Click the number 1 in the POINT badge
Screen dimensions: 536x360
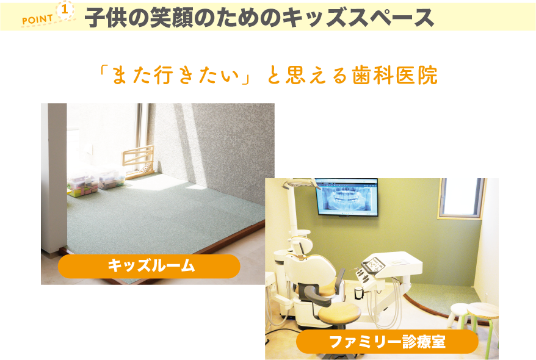pos(64,10)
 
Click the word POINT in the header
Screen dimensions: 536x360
pos(38,20)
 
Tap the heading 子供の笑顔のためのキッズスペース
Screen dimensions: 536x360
pos(259,18)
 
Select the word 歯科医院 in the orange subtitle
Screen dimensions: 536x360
pos(395,76)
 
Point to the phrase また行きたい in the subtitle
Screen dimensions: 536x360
pos(175,76)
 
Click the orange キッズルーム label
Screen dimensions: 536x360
pos(149,266)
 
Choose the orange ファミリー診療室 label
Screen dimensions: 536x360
pos(387,342)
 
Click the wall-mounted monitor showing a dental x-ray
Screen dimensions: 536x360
pos(347,197)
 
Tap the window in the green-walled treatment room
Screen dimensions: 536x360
pos(462,198)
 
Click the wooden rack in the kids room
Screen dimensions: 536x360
pos(139,162)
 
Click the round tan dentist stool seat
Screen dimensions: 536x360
pos(339,312)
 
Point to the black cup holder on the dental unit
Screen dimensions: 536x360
pos(358,293)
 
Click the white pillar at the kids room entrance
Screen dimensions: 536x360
pos(54,178)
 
